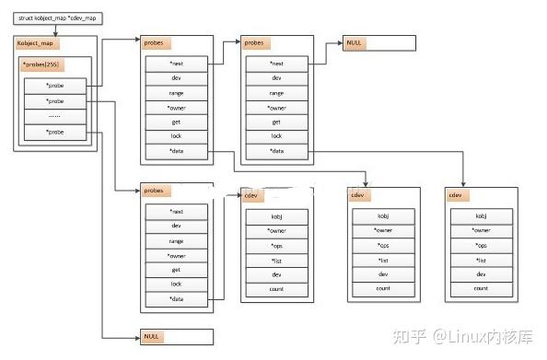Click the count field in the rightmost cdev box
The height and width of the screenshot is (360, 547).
click(x=480, y=288)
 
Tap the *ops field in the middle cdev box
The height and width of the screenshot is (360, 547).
click(x=382, y=245)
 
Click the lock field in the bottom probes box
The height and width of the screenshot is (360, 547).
click(x=176, y=284)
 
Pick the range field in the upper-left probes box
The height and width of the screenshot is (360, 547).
click(x=176, y=92)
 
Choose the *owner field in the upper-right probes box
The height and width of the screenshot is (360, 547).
click(x=275, y=107)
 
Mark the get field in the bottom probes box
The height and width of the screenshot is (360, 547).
click(x=176, y=269)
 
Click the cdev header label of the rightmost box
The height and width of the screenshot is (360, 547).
click(x=456, y=195)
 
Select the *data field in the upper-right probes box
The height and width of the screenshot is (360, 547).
click(x=275, y=150)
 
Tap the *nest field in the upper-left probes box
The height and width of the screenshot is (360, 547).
click(x=176, y=64)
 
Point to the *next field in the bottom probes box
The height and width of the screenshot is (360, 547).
click(x=176, y=211)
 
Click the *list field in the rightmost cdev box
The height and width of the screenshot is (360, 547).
click(x=480, y=260)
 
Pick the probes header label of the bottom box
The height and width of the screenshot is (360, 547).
click(x=153, y=191)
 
